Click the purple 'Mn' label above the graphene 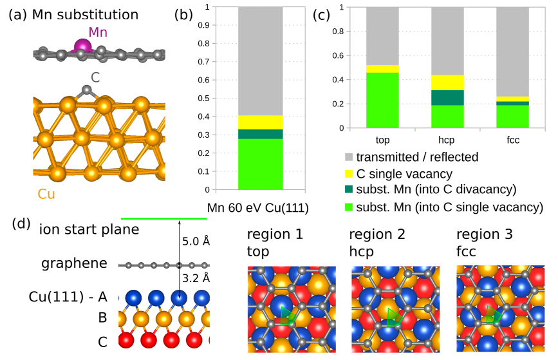(98, 32)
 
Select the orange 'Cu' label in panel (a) (46, 194)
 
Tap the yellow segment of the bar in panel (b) (259, 122)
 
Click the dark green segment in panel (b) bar (259, 134)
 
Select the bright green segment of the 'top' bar (382, 100)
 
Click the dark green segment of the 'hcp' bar (447, 97)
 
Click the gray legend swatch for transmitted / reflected (348, 156)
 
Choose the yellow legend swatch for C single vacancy (348, 173)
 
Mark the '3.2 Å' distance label (196, 278)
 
